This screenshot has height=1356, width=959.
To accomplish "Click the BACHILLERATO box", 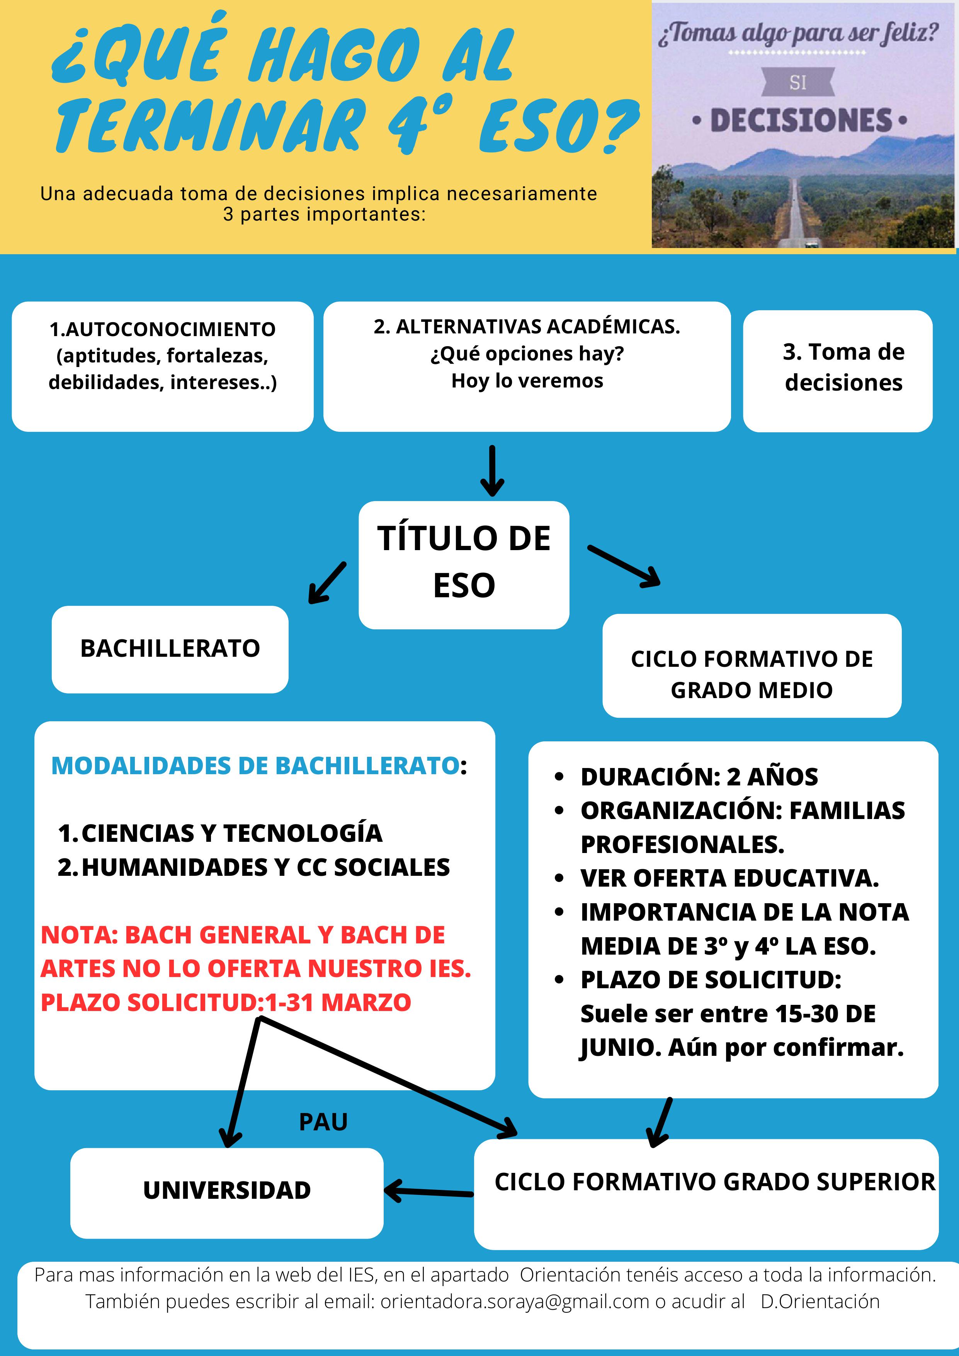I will (x=170, y=649).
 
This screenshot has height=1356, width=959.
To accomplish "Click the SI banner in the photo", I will (x=798, y=83).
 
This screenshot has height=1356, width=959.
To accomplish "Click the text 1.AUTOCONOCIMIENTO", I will (x=162, y=330).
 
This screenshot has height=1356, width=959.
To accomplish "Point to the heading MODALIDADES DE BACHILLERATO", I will (x=255, y=766).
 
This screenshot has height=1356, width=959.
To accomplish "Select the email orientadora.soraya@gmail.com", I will (x=514, y=1302).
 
